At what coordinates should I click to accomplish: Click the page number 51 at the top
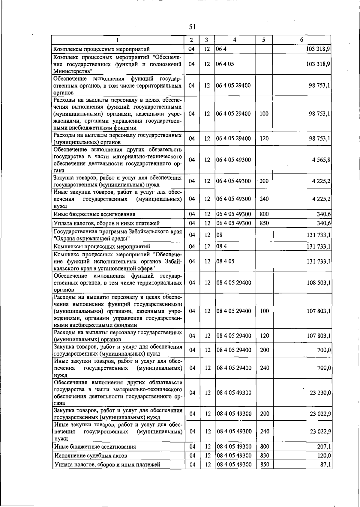pos(192,27)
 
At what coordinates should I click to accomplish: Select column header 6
pos(301,40)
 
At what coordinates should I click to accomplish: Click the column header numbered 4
pos(235,40)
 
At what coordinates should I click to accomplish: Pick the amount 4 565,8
pos(321,160)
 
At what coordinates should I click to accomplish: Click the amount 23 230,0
pos(320,393)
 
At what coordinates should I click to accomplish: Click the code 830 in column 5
pos(265,455)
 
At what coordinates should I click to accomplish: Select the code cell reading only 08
pos(220,235)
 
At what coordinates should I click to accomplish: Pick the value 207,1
pos(324,446)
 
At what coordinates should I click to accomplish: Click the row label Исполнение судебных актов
pos(91,455)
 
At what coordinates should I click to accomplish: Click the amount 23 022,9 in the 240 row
pos(320,431)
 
